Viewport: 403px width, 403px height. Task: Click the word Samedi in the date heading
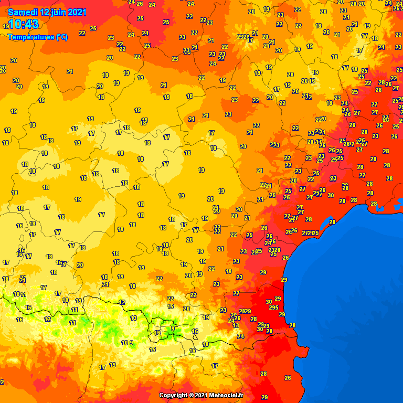[x=22, y=12]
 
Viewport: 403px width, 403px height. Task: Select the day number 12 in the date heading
[x=42, y=12]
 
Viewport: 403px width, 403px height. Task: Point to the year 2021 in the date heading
[x=76, y=12]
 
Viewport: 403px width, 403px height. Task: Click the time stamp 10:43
[x=24, y=24]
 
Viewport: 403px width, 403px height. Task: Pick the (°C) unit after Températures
[x=61, y=37]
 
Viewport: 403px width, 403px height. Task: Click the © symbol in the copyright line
[x=192, y=395]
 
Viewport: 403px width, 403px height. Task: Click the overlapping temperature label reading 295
[x=273, y=308]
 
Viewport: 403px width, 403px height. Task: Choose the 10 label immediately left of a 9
[x=124, y=343]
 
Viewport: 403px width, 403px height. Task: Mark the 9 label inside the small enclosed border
[x=173, y=328]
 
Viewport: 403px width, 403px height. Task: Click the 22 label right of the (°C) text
[x=82, y=33]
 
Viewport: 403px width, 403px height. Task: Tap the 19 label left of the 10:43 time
[x=5, y=26]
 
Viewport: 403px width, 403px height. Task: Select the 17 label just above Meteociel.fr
[x=215, y=366]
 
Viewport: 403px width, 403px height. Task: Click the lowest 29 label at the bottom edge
[x=265, y=397]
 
